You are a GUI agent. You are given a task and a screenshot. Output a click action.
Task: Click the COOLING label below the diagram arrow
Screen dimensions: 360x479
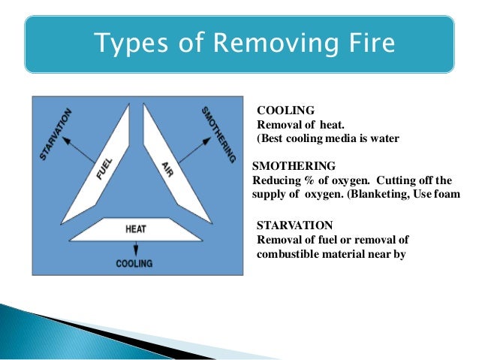click(x=134, y=264)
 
